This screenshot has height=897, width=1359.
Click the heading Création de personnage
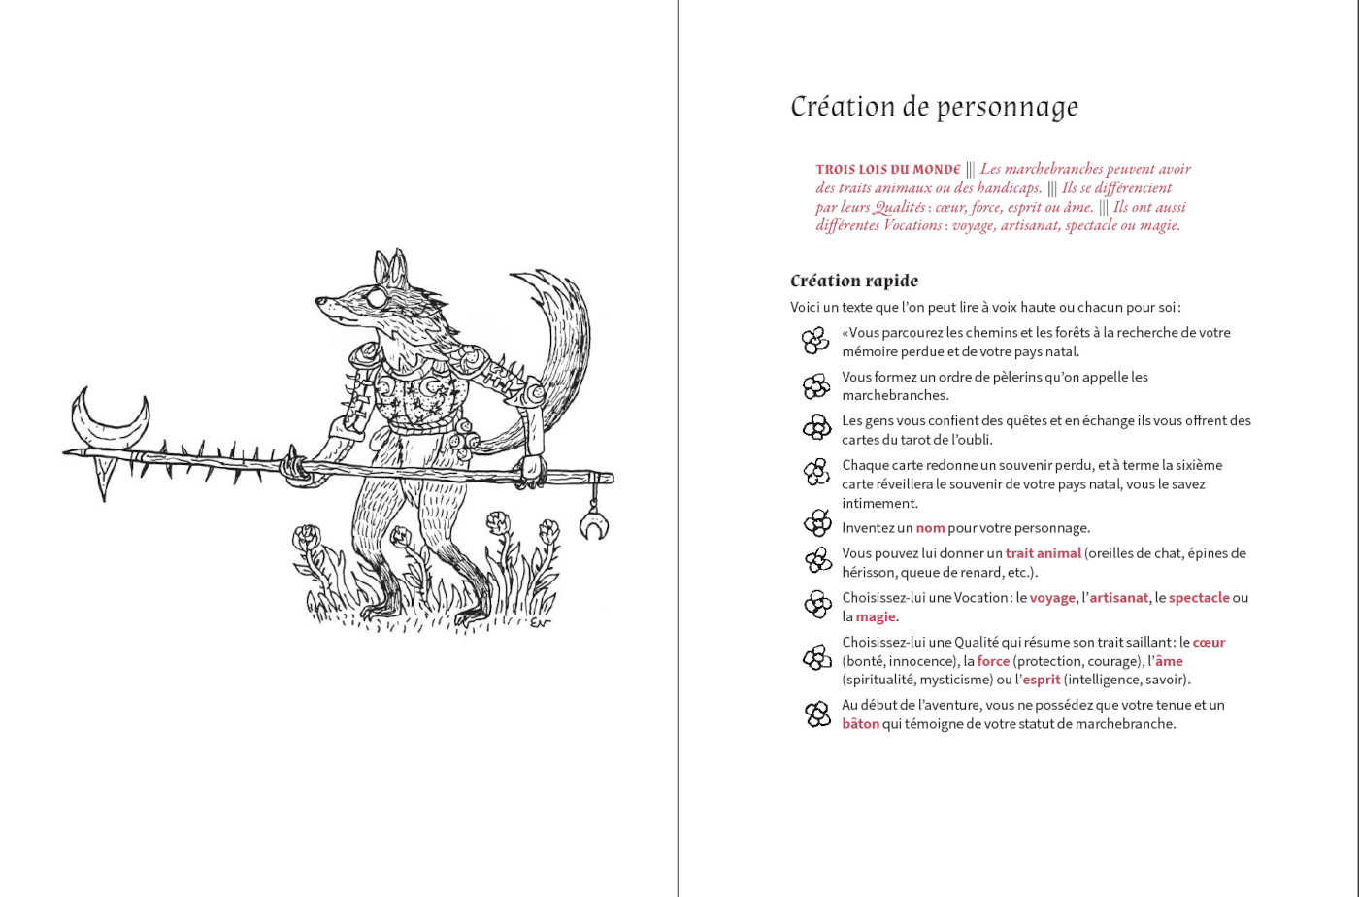(x=934, y=107)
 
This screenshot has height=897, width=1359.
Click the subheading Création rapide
(x=853, y=281)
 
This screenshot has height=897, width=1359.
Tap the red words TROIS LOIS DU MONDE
(x=887, y=169)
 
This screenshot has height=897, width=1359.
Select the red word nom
(x=930, y=528)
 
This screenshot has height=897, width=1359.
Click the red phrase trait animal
(x=1043, y=553)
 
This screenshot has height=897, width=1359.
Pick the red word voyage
(x=1052, y=598)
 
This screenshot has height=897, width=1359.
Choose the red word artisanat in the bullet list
(x=1118, y=598)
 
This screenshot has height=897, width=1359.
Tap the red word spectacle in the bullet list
(x=1199, y=598)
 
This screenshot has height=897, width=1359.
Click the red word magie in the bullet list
(x=876, y=617)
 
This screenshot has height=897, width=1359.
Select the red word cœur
(x=1209, y=642)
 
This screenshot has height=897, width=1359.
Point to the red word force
(x=993, y=661)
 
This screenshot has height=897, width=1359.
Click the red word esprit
(x=1041, y=680)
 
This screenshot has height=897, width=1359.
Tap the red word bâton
(x=860, y=724)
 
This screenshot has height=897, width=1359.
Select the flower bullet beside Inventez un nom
(x=817, y=524)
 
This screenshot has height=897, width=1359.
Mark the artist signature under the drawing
(x=540, y=621)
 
